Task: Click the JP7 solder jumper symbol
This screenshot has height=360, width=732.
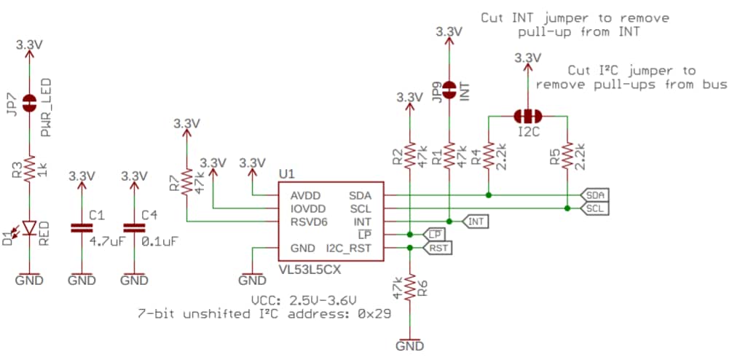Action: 29,103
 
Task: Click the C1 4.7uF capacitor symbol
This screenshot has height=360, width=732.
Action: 82,228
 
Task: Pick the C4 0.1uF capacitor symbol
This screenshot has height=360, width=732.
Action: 134,228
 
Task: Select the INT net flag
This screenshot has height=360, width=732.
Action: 474,221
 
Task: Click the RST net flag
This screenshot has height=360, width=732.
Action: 438,248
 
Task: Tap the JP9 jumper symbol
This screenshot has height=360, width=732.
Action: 449,90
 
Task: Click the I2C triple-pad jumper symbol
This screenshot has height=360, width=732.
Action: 527,115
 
